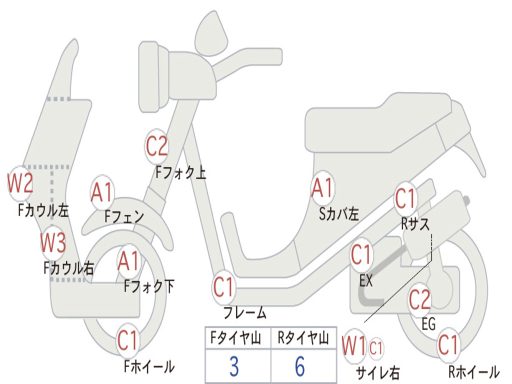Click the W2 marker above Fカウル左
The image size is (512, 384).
point(20,183)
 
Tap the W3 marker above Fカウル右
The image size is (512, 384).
point(53,243)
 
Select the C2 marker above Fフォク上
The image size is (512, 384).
point(157,146)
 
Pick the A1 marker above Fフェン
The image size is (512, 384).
point(102,192)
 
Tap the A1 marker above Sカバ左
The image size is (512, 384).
point(322,188)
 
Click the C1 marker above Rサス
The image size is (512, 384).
point(405,199)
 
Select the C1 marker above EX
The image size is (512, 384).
point(361,255)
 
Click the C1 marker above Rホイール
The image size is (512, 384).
point(448,345)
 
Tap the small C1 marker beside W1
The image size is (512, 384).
point(376,347)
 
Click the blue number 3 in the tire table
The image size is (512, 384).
point(234,366)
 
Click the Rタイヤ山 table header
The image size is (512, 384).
point(303,339)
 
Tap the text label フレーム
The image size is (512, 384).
point(245,313)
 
